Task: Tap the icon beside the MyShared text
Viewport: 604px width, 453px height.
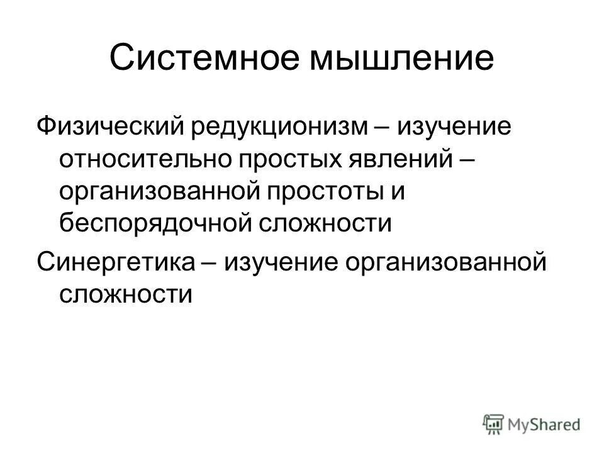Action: (493, 424)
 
